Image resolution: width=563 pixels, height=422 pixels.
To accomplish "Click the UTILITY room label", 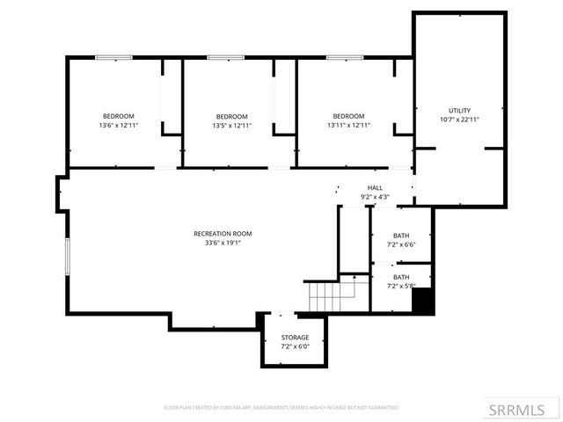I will (x=460, y=109).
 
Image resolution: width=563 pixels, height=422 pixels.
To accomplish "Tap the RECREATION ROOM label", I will (x=223, y=233).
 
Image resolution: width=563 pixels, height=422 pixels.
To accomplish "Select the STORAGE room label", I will (x=295, y=338).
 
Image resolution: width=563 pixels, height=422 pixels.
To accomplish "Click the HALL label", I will (x=375, y=188).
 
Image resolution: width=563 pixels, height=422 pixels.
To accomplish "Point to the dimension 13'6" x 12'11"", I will (x=118, y=126).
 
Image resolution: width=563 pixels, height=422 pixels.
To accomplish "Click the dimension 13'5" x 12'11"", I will (x=231, y=126).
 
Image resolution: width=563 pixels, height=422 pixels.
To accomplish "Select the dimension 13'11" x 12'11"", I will (x=348, y=126).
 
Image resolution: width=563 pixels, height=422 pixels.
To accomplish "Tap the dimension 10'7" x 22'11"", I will (x=460, y=119).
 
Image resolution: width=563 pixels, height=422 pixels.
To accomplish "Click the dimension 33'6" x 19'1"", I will (x=223, y=243).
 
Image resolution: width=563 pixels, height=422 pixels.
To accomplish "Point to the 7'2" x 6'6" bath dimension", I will (x=401, y=244).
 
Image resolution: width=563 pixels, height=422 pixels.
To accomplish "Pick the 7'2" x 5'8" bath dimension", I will (x=401, y=286).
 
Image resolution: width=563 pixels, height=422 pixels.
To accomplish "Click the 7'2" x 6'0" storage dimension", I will (x=295, y=346).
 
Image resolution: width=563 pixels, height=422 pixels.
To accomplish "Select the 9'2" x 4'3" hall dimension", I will (x=375, y=197).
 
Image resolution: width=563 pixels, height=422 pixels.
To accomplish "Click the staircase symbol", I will (x=327, y=296).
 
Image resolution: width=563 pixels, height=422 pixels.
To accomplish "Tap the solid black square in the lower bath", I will (x=422, y=301).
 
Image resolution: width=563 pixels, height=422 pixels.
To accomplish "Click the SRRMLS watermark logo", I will (x=517, y=409).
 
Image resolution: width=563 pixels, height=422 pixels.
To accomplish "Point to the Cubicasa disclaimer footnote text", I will (x=281, y=408).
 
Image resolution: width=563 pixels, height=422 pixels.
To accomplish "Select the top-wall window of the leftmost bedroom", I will (x=114, y=58).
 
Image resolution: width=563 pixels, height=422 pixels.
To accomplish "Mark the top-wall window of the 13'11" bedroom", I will (x=344, y=58).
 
